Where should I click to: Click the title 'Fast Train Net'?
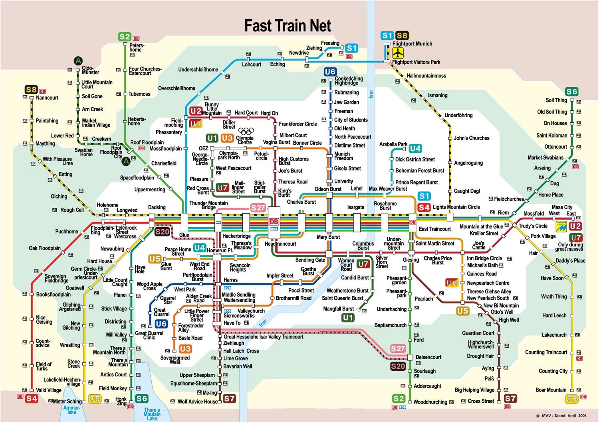click(x=288, y=26)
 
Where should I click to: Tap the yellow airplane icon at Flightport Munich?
click(x=398, y=53)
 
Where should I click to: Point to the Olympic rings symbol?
click(x=246, y=131)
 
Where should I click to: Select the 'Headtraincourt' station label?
click(x=280, y=244)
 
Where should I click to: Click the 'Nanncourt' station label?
click(x=47, y=98)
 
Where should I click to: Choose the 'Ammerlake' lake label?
click(x=71, y=410)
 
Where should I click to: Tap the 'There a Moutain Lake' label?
click(x=152, y=414)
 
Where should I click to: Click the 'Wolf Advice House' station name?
click(x=198, y=401)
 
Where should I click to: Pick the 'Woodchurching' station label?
click(x=430, y=402)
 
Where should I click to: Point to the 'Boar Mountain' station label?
click(x=551, y=390)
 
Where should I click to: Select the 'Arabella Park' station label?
click(x=393, y=144)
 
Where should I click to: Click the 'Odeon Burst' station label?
click(x=328, y=189)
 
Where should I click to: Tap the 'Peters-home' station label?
click(x=137, y=47)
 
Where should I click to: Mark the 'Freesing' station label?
click(x=330, y=43)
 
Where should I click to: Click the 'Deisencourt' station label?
click(x=428, y=357)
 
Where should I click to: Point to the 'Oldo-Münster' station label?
click(x=90, y=70)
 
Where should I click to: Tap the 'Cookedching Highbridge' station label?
click(x=349, y=81)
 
